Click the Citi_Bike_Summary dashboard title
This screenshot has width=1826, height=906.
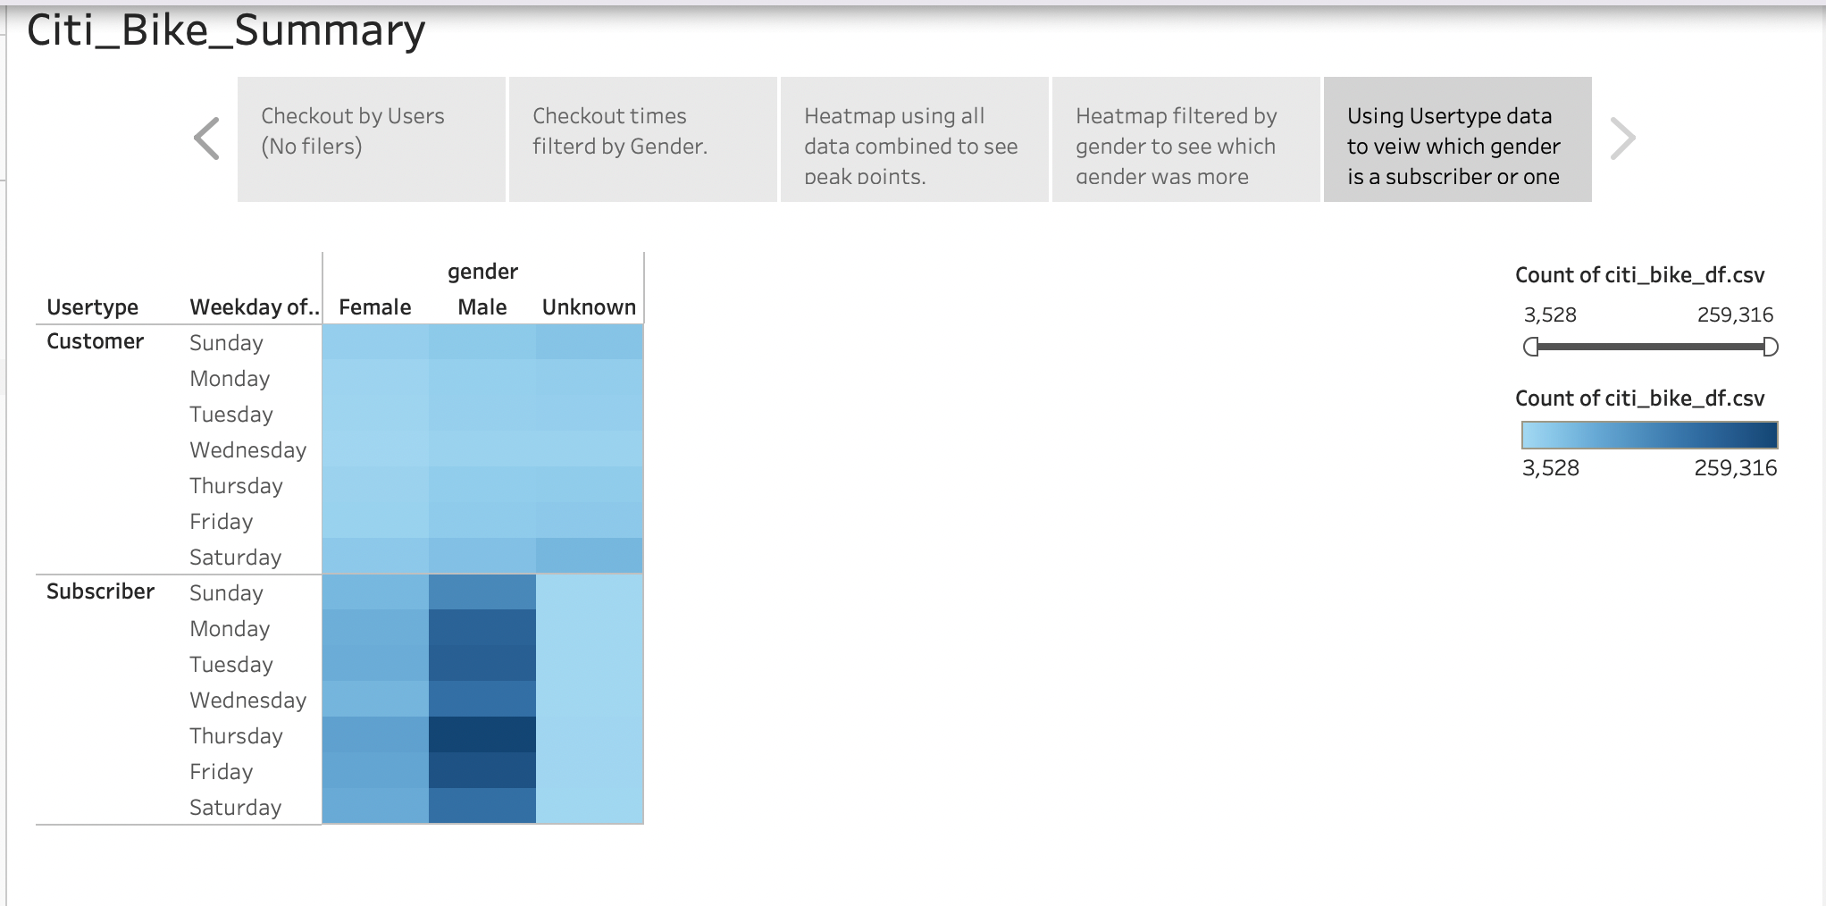pos(226,30)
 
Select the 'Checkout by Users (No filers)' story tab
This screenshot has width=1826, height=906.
pos(371,138)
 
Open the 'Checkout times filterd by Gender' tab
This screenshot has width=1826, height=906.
pos(642,138)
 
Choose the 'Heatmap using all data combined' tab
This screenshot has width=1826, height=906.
pos(914,138)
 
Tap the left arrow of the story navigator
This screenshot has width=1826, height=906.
pos(206,138)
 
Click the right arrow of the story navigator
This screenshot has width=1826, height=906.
pos(1622,138)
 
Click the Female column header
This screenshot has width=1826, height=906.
pos(374,307)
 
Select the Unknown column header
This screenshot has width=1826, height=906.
pos(589,307)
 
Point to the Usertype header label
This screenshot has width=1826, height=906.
pos(92,307)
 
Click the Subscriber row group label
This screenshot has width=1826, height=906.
pos(100,591)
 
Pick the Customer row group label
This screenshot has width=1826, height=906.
pos(95,341)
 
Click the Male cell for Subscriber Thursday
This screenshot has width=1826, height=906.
pos(482,734)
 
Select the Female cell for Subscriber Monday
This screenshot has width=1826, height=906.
pos(375,627)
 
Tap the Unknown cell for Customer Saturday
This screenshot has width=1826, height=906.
pos(590,556)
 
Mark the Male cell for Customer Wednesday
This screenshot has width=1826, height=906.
pos(482,449)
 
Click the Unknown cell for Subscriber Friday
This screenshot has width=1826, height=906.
pos(590,770)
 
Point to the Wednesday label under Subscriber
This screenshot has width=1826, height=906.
pos(247,700)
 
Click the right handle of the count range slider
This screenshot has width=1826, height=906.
pos(1770,347)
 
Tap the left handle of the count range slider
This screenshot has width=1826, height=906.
pos(1531,347)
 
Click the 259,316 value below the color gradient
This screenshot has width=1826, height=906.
pos(1735,468)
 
